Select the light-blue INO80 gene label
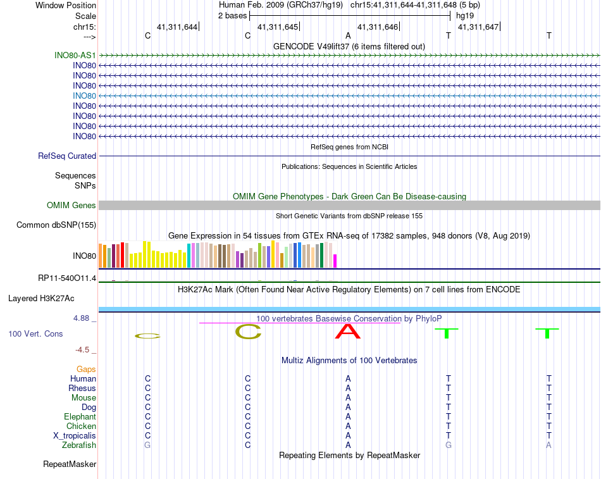pos(84,96)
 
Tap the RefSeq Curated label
pos(66,156)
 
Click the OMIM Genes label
pos(71,205)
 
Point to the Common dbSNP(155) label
pos(56,225)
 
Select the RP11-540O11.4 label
pos(67,278)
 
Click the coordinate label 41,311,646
pos(378,27)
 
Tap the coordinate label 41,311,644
pos(177,27)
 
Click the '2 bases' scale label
pos(232,15)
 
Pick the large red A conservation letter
pos(348,331)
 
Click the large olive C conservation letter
pos(248,331)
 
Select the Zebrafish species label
pos(80,445)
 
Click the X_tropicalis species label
pos(75,436)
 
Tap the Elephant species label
pos(80,417)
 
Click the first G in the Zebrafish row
pos(148,445)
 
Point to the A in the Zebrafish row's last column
pos(549,445)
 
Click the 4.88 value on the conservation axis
pos(84,318)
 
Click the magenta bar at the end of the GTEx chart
pos(335,261)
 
